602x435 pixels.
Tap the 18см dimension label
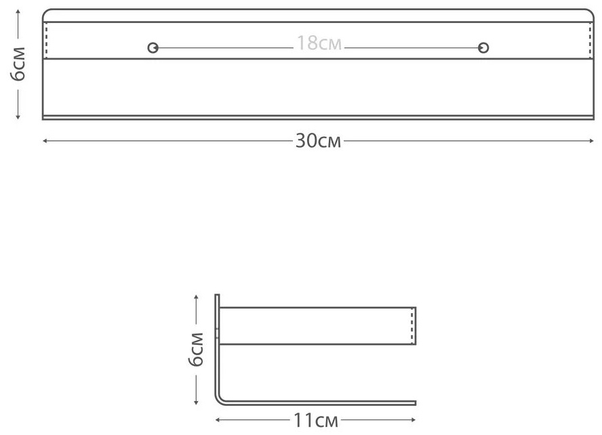(319, 43)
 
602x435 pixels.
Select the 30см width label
(318, 141)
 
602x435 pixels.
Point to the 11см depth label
(316, 420)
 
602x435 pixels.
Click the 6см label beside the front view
(18, 64)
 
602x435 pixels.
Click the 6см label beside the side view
(196, 350)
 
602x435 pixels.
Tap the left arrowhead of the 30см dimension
(45, 141)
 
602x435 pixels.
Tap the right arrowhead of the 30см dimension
(592, 141)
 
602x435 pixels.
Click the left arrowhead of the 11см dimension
(218, 420)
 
